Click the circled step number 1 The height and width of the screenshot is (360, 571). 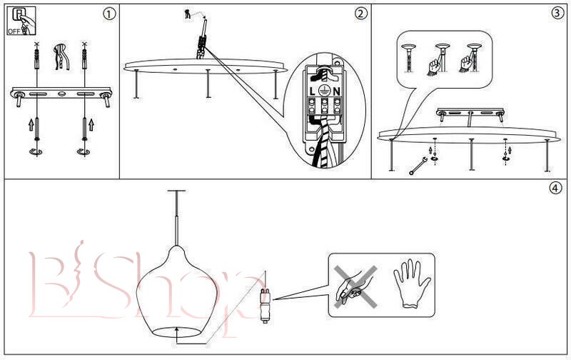pos(108,14)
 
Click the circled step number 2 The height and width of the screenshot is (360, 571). pos(360,14)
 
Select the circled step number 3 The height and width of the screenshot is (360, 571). pos(558,14)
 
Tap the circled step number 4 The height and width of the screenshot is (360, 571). pos(555,189)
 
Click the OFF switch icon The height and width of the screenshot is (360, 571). pos(19,21)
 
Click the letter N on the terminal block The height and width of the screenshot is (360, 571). pos(336,91)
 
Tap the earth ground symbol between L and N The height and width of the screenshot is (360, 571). pos(325,91)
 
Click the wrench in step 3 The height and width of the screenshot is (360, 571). pos(418,166)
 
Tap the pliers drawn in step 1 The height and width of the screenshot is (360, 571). pos(61,57)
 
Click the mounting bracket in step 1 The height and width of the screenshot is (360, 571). pos(61,94)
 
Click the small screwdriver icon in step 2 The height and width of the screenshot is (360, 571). pos(188,13)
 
